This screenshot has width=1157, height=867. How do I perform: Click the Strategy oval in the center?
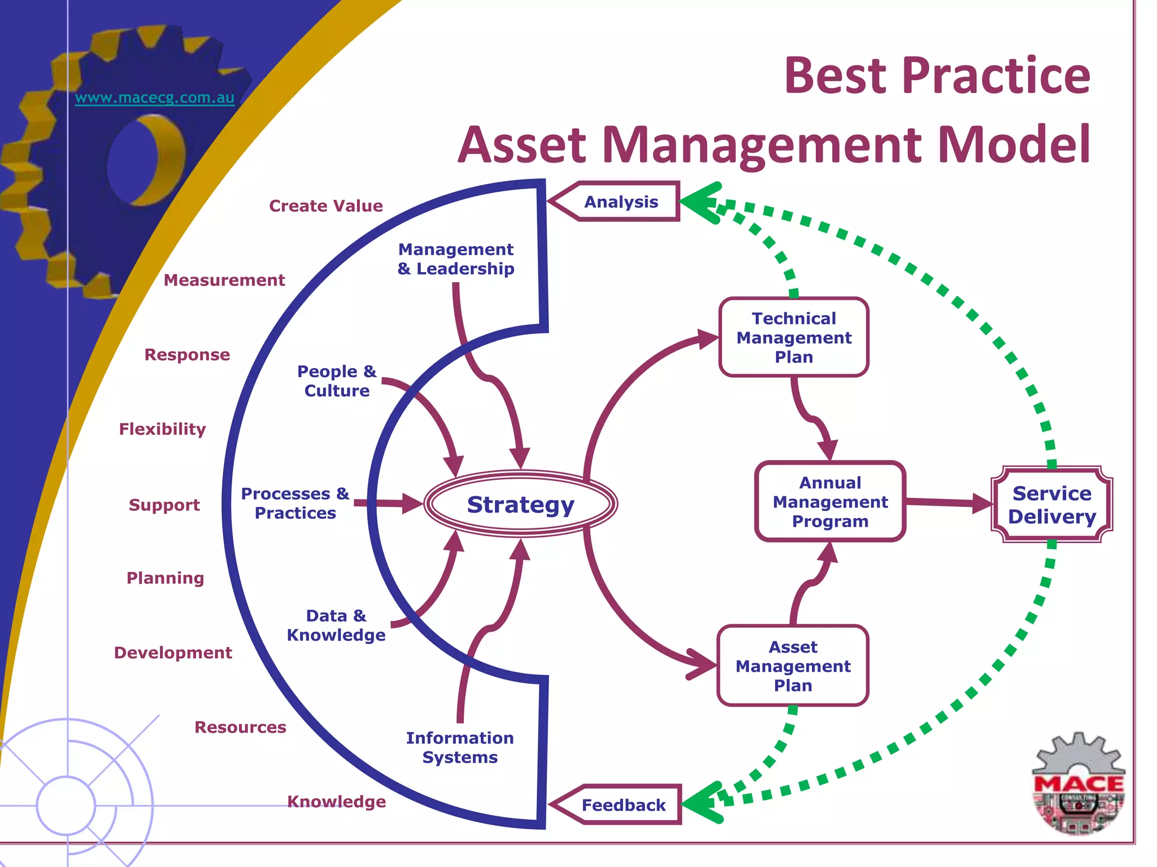point(520,504)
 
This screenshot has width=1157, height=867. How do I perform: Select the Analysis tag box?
point(621,202)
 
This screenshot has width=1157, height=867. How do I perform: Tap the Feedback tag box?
point(623,805)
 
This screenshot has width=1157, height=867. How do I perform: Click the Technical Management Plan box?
point(794,338)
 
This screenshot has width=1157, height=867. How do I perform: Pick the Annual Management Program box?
point(830,502)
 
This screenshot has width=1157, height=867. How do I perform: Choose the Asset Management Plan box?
point(793,666)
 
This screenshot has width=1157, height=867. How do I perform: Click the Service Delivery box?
point(1052,505)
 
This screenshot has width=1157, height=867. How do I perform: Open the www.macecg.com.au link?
point(154,98)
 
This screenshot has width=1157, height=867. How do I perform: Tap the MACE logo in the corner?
point(1078,785)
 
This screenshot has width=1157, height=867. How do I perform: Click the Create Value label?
point(326,206)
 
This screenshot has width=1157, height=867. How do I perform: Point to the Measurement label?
point(224,280)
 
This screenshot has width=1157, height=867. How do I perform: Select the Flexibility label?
point(162,429)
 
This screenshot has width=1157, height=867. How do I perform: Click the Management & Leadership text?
point(456,259)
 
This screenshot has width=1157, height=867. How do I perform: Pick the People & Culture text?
point(337,381)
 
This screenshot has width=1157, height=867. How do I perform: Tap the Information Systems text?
point(460,747)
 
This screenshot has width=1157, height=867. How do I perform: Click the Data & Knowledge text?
point(336,625)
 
